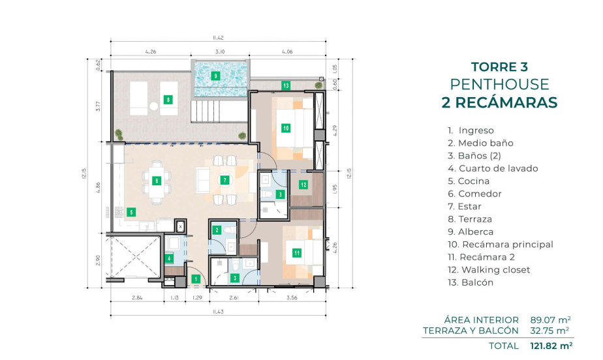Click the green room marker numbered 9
[215, 76]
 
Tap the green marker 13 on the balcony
[285, 85]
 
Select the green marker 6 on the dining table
[156, 181]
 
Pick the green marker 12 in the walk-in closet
[303, 185]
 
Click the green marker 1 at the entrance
[196, 279]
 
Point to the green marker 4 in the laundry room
[169, 258]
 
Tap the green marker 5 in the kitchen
[131, 212]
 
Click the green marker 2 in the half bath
[217, 230]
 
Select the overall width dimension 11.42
[218, 38]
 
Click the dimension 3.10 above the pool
[220, 52]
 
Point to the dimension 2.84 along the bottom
[137, 297]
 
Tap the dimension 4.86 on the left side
[98, 187]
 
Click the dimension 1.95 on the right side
[335, 188]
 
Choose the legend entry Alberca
[471, 232]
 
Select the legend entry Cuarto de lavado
[493, 168]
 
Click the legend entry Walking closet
[489, 270]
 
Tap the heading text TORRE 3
[499, 67]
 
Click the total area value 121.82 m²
[551, 346]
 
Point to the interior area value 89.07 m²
[550, 320]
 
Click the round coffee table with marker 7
[225, 180]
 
